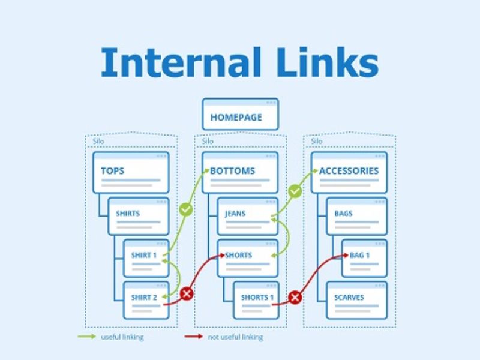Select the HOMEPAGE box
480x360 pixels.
click(x=240, y=115)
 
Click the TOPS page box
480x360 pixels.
click(x=131, y=172)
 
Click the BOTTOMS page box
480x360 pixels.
click(x=240, y=172)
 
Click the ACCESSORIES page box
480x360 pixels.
click(x=349, y=172)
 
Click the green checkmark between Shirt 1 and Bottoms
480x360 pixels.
click(x=186, y=210)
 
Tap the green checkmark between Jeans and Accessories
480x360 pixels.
click(x=295, y=192)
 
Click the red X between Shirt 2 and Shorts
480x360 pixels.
click(x=187, y=293)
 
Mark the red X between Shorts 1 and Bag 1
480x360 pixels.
click(x=295, y=297)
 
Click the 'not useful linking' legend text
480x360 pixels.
click(x=235, y=337)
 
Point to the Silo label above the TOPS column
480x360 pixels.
click(x=98, y=142)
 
